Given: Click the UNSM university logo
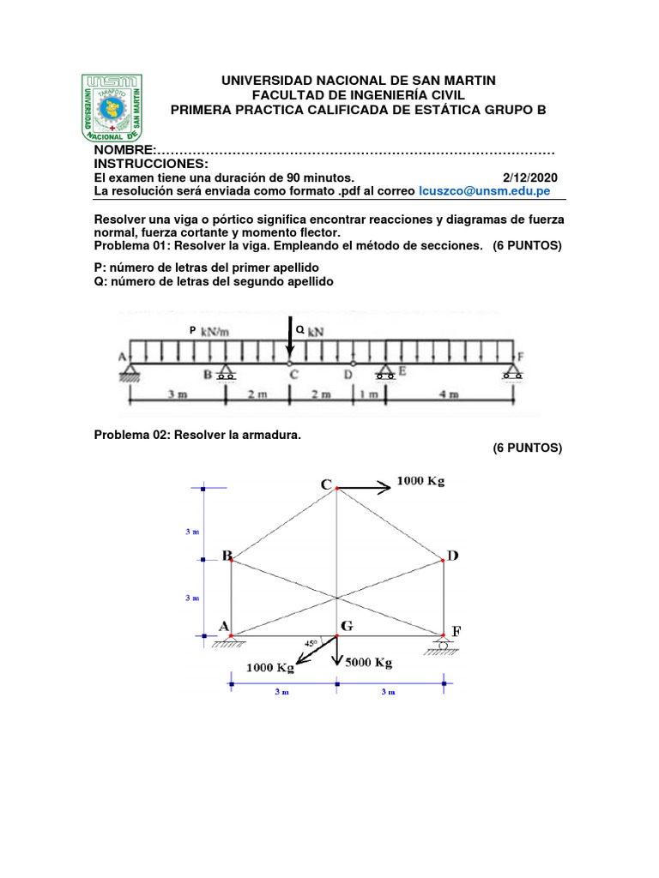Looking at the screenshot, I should (112, 108).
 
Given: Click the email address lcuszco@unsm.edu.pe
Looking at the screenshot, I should (484, 190).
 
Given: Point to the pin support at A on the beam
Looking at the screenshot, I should (131, 370).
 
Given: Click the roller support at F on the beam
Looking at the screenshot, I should (512, 370).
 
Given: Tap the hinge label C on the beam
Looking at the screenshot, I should (293, 375).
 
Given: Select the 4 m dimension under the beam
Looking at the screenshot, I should (449, 395).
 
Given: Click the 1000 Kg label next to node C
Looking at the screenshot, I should (420, 482).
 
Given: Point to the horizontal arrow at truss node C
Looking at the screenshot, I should (364, 488).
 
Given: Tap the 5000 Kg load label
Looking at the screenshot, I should (368, 663).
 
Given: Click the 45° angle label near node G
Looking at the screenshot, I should (311, 641).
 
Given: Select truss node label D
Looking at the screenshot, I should (452, 556).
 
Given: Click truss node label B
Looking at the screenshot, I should (227, 556).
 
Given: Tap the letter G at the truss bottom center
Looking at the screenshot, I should (348, 627).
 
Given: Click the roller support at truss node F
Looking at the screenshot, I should (444, 643).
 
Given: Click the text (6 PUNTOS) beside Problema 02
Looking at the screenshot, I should (527, 448).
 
